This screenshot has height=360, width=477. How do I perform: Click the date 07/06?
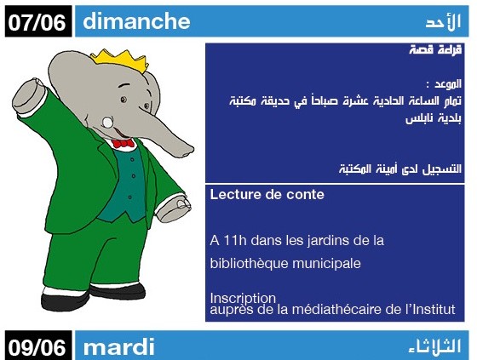37,22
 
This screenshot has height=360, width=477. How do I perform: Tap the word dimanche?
136,21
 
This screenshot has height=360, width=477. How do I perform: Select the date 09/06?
37,347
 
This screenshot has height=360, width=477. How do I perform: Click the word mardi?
119,346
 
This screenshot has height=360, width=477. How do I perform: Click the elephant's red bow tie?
123,143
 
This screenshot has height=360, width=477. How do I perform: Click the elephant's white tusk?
107,122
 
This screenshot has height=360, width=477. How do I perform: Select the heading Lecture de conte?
267,195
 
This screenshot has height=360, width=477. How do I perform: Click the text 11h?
235,241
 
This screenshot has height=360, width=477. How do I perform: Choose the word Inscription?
243,298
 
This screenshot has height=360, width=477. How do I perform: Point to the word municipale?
326,264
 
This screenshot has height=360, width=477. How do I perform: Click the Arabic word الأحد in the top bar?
443,21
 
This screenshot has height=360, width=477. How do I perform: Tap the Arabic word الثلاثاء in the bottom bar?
434,346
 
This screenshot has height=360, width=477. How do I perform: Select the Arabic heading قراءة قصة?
435,49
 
